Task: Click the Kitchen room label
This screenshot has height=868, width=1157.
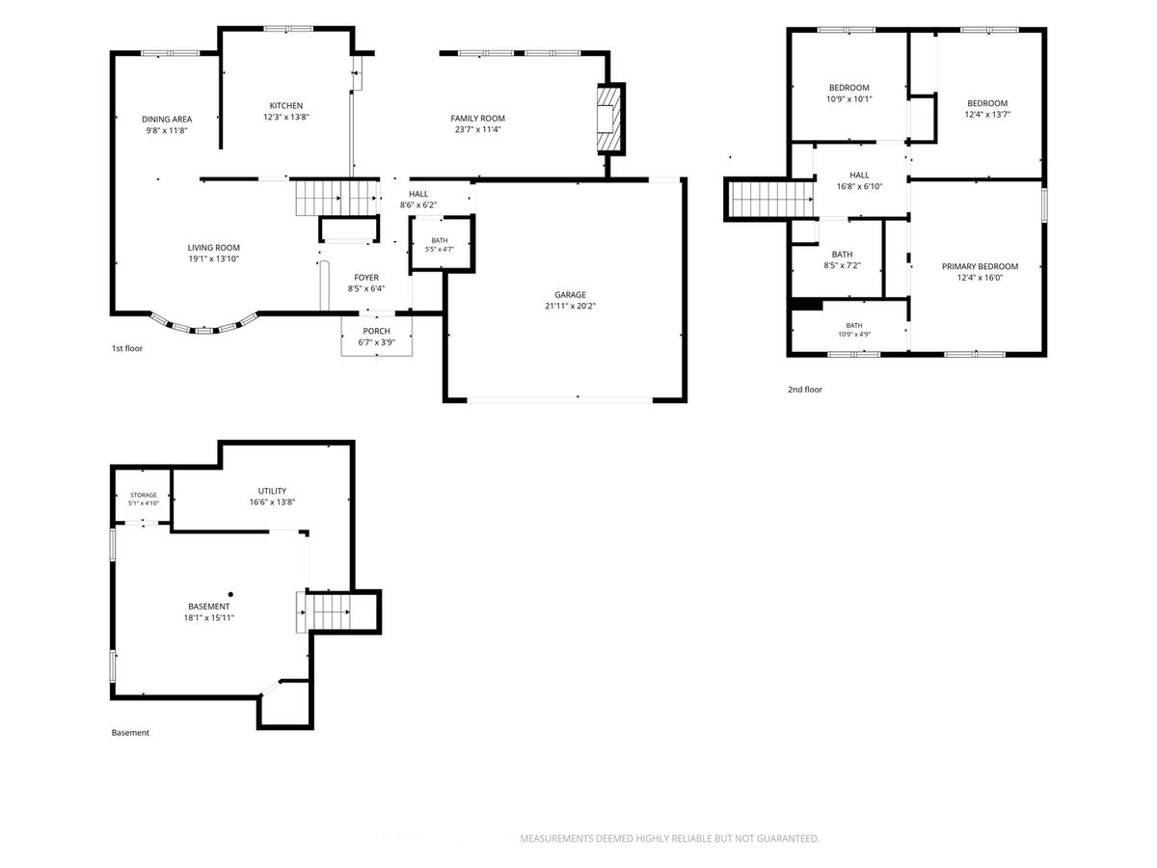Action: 285,105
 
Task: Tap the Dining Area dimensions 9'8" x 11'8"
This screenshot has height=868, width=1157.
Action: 167,130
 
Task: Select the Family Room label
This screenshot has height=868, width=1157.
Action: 477,119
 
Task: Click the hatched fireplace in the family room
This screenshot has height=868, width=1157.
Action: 610,119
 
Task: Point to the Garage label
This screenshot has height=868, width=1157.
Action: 569,294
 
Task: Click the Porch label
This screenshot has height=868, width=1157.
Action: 376,331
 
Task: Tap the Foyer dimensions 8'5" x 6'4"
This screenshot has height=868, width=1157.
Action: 365,288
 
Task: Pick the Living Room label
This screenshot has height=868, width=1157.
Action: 213,248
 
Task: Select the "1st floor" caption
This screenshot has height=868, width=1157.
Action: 127,348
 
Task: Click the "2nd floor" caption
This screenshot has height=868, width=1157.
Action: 804,390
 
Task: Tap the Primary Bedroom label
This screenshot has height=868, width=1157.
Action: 980,267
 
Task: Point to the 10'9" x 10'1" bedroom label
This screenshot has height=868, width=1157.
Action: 848,94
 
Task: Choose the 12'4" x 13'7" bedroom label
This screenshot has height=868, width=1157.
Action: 986,109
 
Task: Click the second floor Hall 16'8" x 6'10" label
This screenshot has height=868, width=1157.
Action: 859,180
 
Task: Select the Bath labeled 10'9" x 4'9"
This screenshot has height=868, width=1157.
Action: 854,330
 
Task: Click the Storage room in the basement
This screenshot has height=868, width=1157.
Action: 144,499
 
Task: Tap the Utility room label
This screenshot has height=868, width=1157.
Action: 272,491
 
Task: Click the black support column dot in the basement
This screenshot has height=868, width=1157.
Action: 230,594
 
